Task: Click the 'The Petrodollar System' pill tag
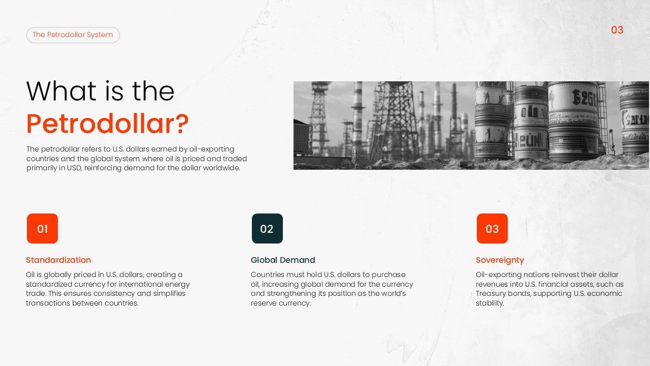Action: click(73, 35)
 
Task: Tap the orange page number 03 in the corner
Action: click(617, 30)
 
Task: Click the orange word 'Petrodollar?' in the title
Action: click(108, 124)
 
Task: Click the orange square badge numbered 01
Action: click(42, 229)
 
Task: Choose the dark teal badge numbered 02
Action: click(267, 229)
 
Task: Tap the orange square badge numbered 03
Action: click(492, 229)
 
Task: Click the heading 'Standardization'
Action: click(58, 260)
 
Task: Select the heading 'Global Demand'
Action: click(283, 260)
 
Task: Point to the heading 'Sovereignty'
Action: click(500, 260)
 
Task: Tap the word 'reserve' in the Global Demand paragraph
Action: click(264, 303)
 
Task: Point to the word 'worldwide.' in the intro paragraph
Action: click(221, 168)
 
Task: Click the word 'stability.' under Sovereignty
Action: click(490, 303)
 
